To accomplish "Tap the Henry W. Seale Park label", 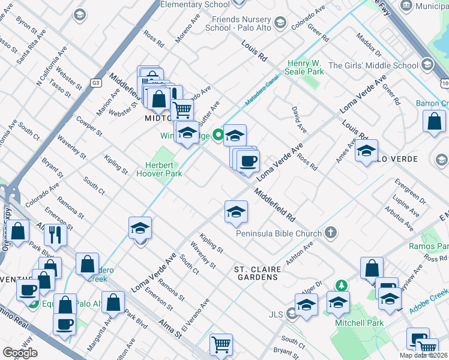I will pyautogui.click(x=306, y=67).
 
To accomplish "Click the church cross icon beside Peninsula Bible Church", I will pyautogui.click(x=330, y=233).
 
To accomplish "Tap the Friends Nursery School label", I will pyautogui.click(x=238, y=23).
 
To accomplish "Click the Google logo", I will pyautogui.click(x=20, y=353).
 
